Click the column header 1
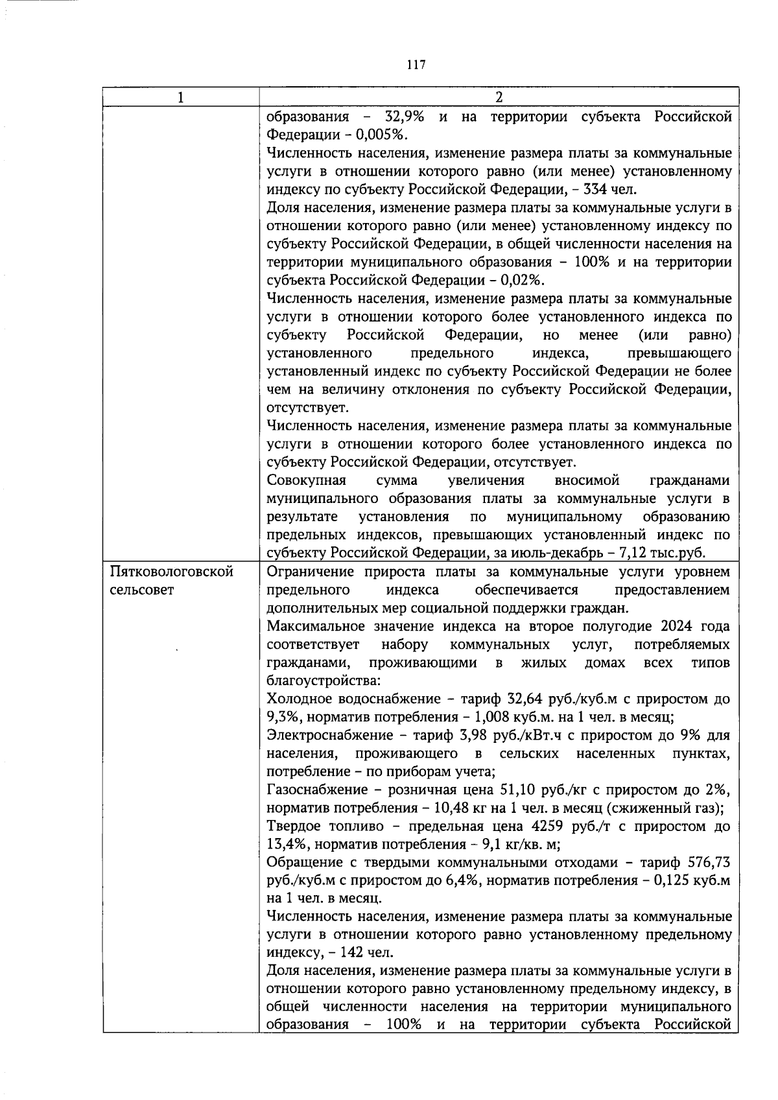[181, 97]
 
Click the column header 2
[499, 97]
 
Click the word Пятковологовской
[172, 572]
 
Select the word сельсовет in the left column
[142, 591]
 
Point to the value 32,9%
[405, 117]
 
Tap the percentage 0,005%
[381, 135]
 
